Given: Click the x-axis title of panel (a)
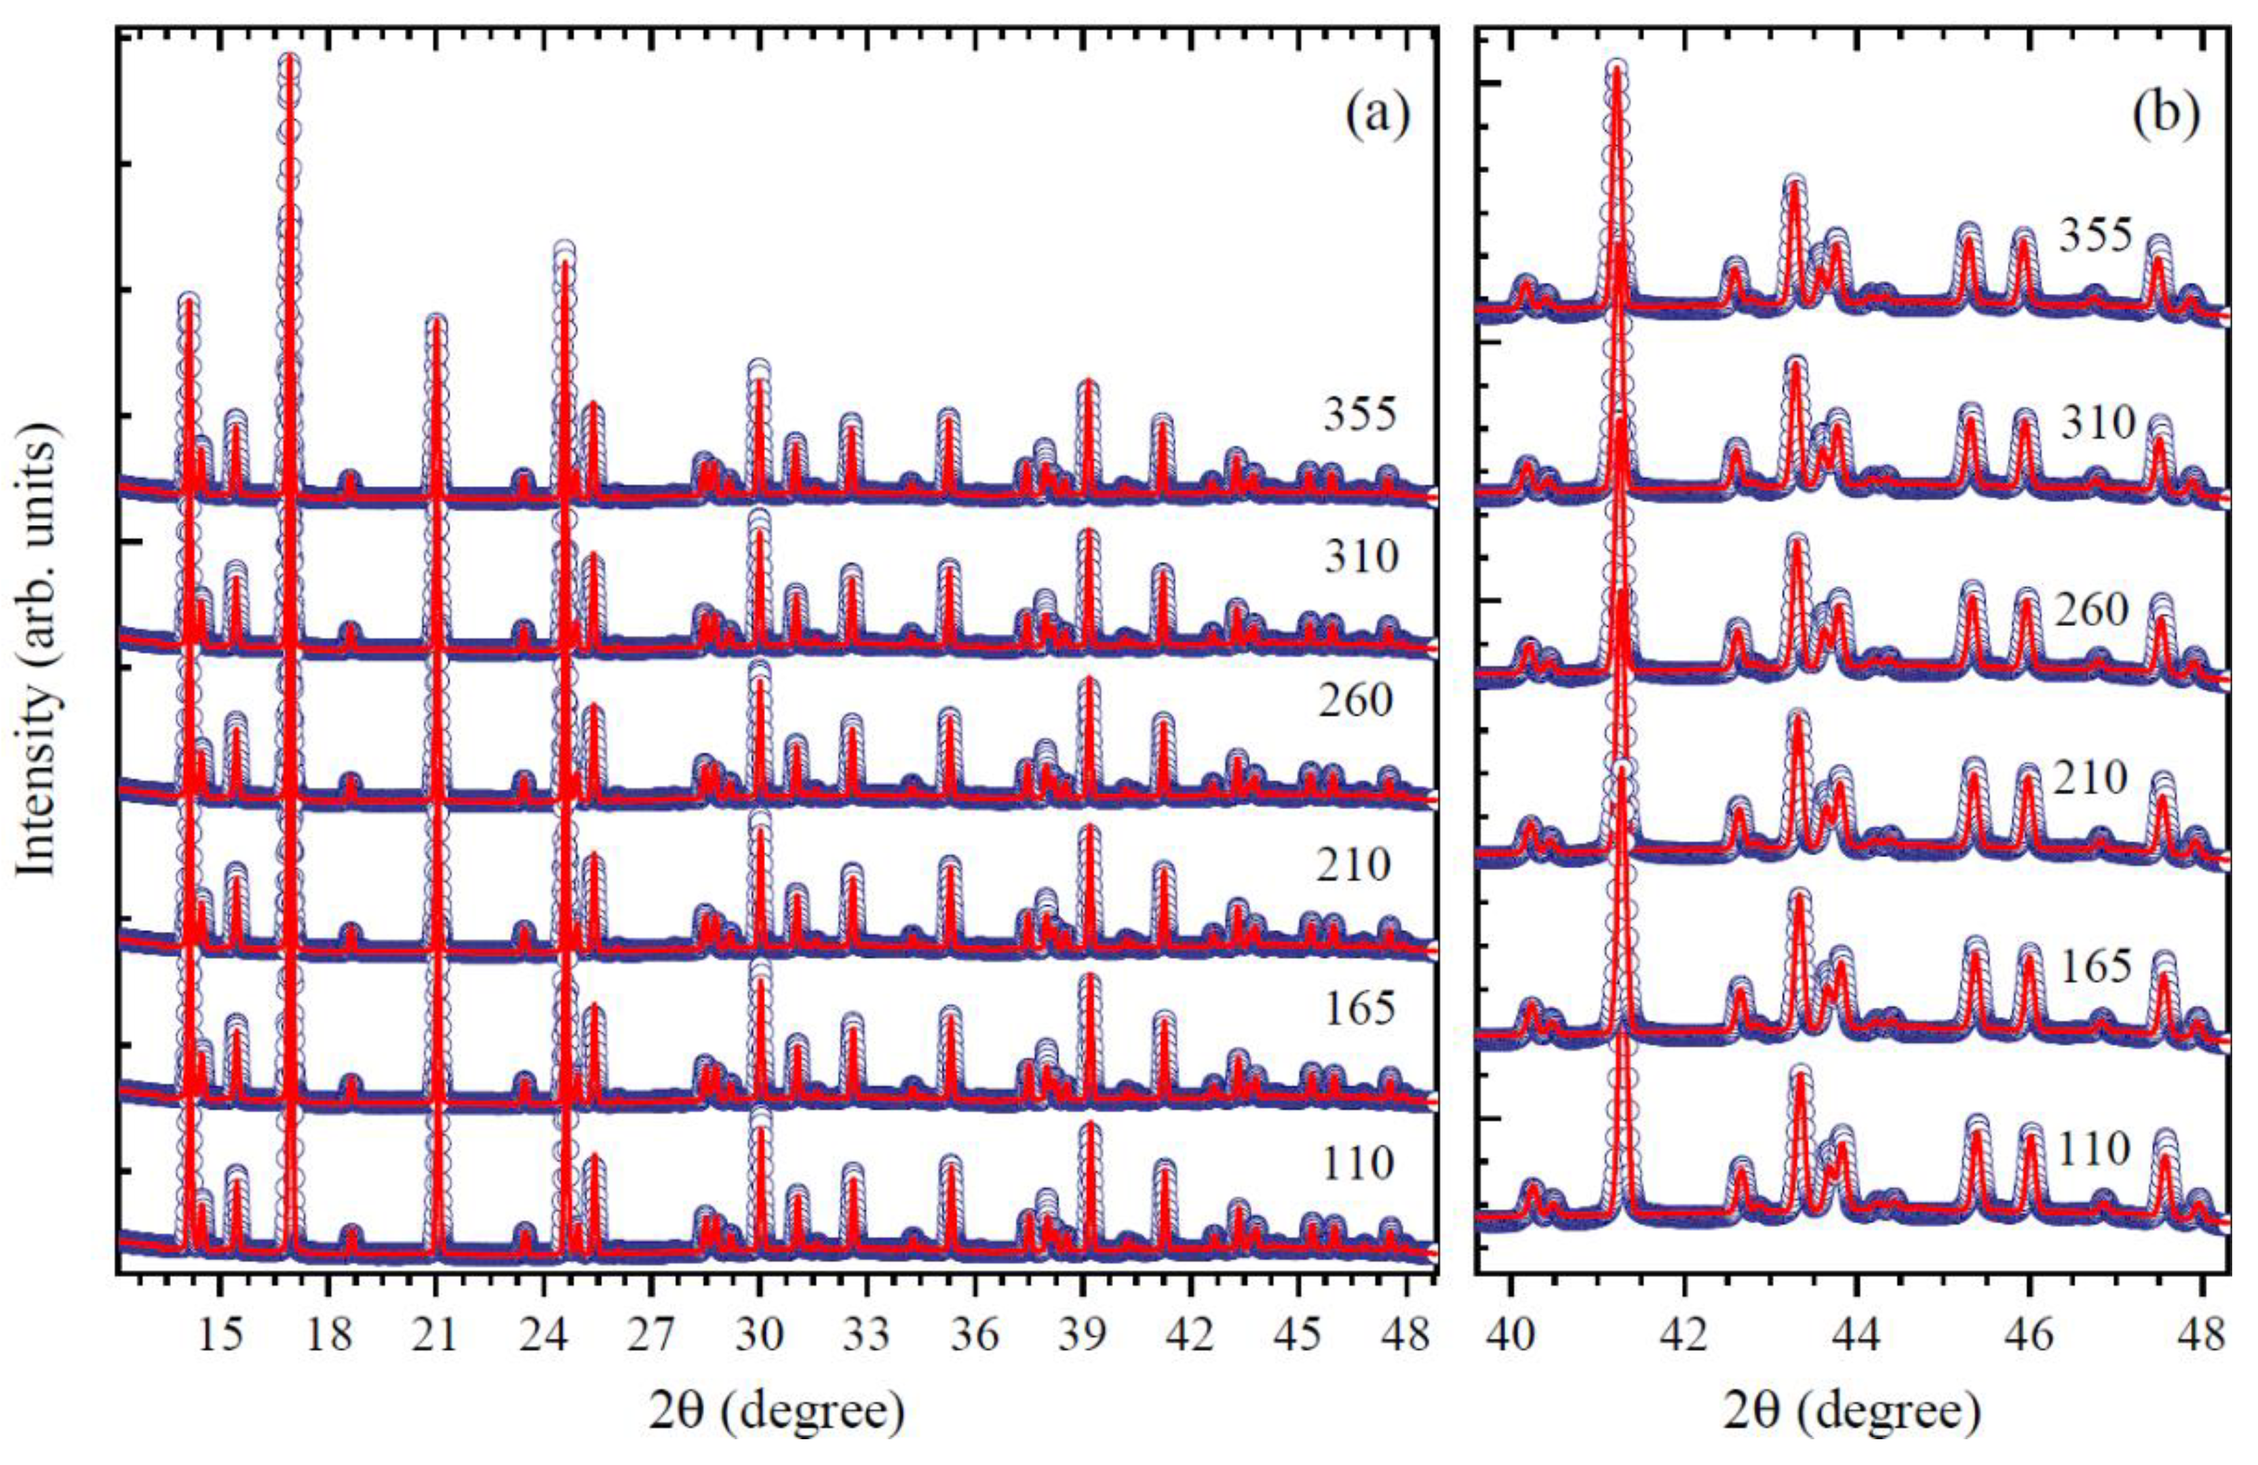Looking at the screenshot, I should click(x=776, y=1411).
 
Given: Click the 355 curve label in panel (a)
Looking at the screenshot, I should click(x=1361, y=414).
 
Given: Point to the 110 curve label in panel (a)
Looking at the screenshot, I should click(x=1358, y=1163).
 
